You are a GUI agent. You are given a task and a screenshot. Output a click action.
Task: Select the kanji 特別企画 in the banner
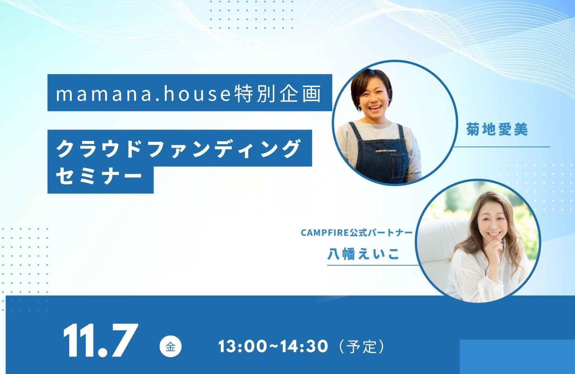(278, 94)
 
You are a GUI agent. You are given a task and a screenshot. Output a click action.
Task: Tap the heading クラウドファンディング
(178, 149)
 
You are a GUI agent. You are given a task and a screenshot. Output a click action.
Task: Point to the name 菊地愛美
(497, 129)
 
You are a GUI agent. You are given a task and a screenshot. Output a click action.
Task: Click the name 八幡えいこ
(363, 254)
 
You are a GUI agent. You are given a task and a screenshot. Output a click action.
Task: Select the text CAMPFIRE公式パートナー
(357, 233)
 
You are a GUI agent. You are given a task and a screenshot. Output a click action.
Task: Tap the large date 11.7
(100, 340)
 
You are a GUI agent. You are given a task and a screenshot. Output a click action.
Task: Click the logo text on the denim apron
(386, 150)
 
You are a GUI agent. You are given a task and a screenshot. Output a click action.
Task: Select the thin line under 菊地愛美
(502, 147)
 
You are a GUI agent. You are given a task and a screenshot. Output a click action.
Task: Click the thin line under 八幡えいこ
(373, 265)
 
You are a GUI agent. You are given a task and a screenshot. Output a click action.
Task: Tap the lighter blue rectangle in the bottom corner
(517, 357)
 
